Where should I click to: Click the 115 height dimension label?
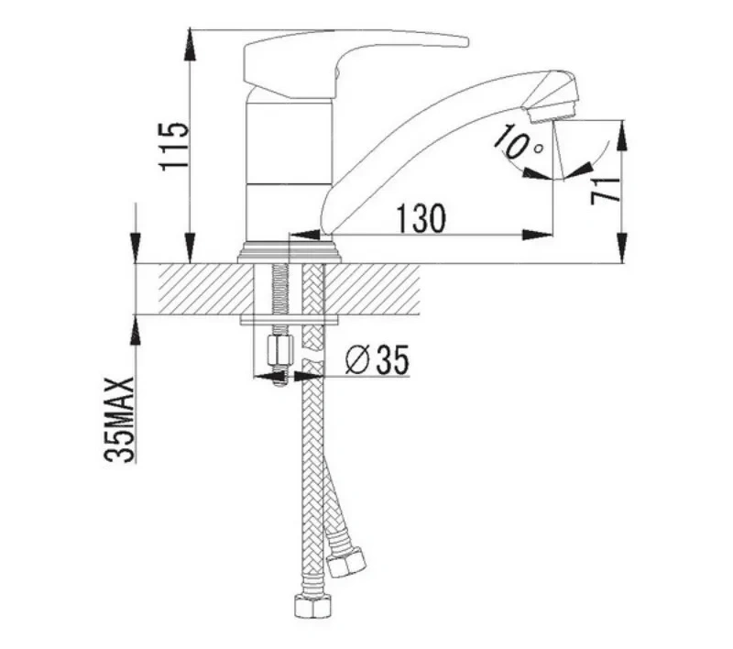tap(174, 147)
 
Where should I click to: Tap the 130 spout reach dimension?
tap(421, 218)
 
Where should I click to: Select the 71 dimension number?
tap(606, 191)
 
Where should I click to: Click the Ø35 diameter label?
tap(377, 359)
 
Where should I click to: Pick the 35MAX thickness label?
tap(119, 420)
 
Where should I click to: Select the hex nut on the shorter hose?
tap(345, 561)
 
